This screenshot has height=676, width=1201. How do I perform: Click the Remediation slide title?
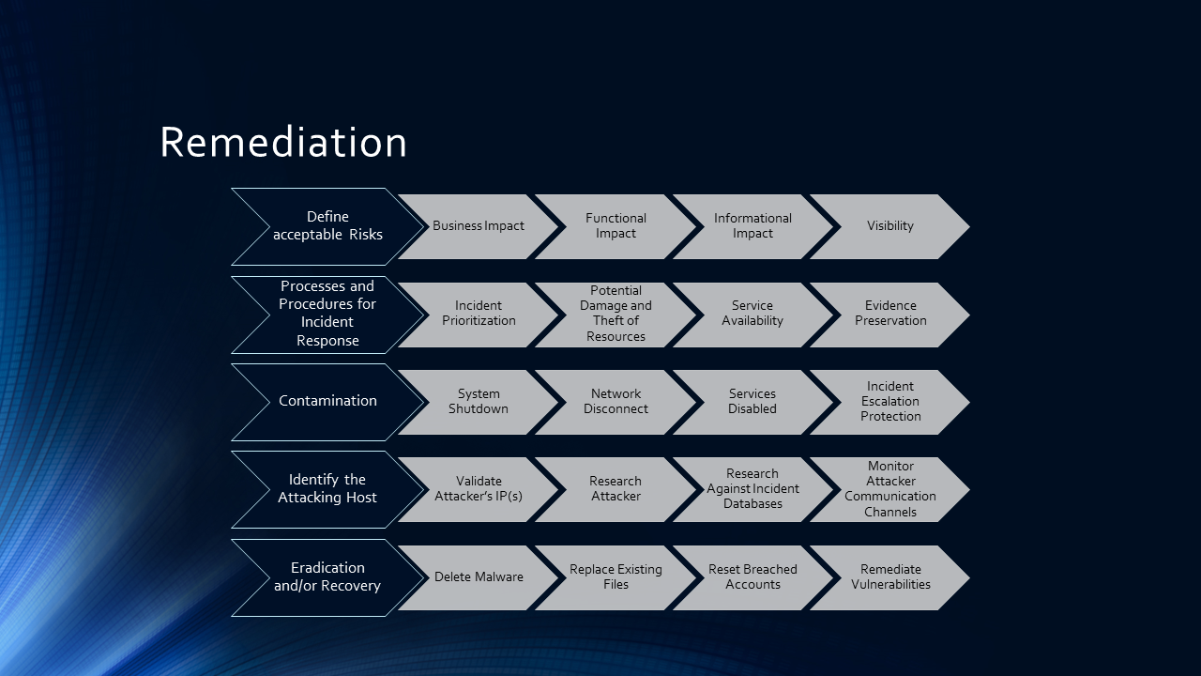click(x=283, y=143)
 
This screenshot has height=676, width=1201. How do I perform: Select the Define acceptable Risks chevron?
click(x=327, y=226)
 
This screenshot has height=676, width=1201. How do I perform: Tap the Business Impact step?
click(x=479, y=226)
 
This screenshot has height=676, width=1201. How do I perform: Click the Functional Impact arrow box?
click(x=616, y=226)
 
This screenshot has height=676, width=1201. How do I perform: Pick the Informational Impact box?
click(x=753, y=226)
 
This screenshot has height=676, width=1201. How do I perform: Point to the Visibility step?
click(x=889, y=226)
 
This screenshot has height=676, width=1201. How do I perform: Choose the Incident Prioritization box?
click(x=479, y=314)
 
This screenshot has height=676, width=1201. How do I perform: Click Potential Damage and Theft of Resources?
click(x=616, y=314)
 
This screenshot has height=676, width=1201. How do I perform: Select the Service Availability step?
click(x=753, y=314)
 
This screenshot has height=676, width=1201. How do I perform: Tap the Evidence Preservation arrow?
click(x=889, y=314)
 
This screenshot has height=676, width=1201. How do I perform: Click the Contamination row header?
click(x=327, y=401)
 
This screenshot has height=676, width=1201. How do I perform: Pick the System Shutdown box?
click(x=479, y=402)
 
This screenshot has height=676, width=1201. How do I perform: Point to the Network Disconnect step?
click(x=616, y=402)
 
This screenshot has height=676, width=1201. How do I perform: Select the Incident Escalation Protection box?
click(x=889, y=402)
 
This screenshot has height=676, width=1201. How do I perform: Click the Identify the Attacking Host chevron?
click(x=327, y=489)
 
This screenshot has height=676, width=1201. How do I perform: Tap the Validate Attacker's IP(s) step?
click(x=479, y=489)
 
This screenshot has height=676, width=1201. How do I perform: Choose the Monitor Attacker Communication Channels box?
click(x=889, y=489)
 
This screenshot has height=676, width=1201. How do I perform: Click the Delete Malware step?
click(x=479, y=577)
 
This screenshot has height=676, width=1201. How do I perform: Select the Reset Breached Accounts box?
click(x=753, y=577)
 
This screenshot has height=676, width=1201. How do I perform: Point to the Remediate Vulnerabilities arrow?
click(x=889, y=577)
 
